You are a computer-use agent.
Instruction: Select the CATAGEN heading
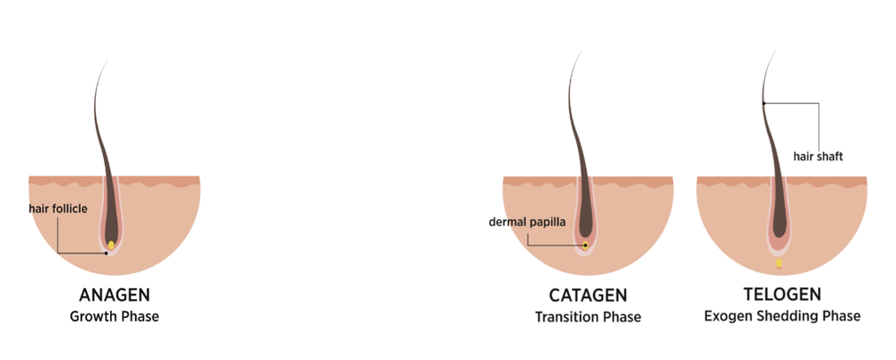coord(588,296)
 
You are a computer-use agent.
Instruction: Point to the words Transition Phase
coord(588,317)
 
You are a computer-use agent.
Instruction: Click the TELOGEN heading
coord(782,295)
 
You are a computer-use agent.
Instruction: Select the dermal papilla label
coord(528,221)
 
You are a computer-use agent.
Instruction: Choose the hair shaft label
coord(818,157)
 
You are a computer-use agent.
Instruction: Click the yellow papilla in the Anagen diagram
coord(111,244)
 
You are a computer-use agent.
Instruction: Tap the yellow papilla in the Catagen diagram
coord(585,243)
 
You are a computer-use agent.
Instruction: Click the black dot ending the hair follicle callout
coord(106,253)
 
